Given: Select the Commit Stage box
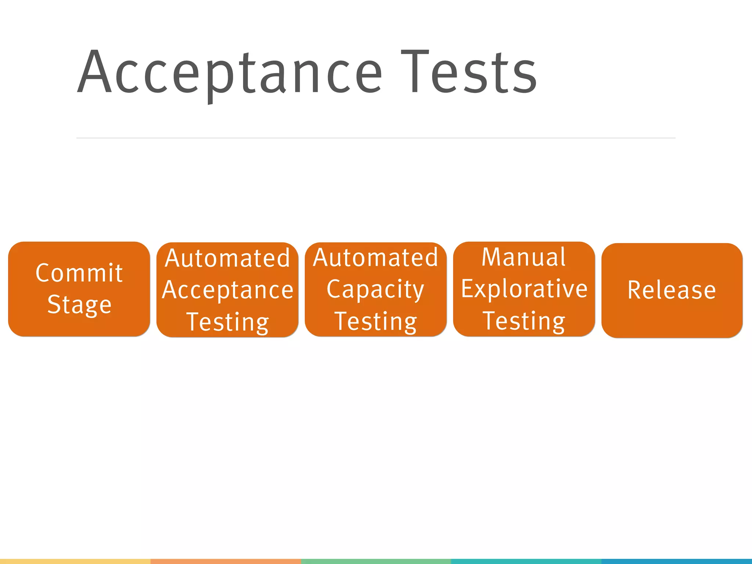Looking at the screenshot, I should point(79,289).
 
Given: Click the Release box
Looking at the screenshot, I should point(672,290).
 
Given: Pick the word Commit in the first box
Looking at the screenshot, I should point(79,273).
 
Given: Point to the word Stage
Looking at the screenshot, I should point(79,305).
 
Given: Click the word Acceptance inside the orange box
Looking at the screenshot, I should point(228,290).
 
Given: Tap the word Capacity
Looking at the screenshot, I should point(375,289).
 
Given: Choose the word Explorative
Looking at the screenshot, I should point(524,289).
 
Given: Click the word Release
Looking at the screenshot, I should point(672,290).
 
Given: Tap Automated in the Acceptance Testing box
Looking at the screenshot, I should point(228,258).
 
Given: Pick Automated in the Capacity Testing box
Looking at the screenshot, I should point(376,257).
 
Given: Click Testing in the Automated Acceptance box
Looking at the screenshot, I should point(228,322).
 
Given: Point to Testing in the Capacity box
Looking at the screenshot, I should point(376,321).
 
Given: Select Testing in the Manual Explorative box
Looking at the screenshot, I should point(524,321).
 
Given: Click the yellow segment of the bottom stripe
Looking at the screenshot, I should point(75,561).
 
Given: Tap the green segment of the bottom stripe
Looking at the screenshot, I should point(376,561).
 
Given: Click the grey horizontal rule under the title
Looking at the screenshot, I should point(376,138).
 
